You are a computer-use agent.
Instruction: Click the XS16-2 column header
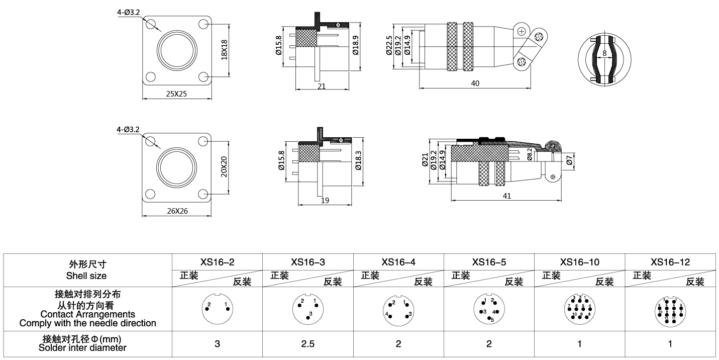pos(217,262)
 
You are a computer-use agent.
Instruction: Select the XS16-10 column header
pos(579,262)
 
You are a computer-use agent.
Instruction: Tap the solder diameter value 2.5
pos(308,344)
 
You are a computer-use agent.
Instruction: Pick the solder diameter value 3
pos(217,344)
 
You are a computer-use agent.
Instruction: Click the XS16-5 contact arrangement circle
pos(489,309)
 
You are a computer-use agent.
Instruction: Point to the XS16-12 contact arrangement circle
pos(670,309)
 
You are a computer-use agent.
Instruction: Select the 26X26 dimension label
pos(176,212)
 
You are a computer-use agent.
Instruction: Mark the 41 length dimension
pos(506,196)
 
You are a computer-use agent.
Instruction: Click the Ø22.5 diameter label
pos(389,46)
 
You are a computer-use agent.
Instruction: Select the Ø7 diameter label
pos(569,161)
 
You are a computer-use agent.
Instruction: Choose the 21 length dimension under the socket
pos(322,86)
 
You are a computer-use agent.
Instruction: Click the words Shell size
pos(86,276)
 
